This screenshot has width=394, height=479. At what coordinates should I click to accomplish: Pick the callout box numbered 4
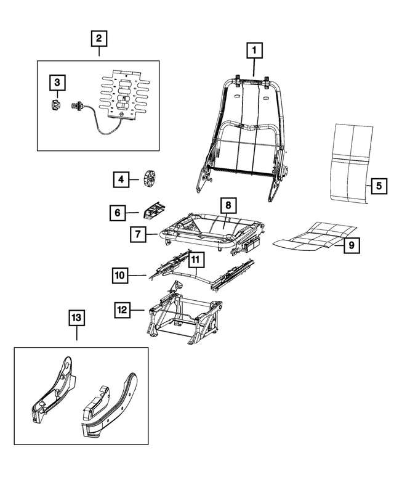[x=121, y=179]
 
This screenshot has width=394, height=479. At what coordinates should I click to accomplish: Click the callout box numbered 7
[x=138, y=234]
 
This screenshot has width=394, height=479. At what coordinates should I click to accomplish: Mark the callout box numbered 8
[x=227, y=205]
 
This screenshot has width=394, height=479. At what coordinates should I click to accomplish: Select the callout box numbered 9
[x=351, y=245]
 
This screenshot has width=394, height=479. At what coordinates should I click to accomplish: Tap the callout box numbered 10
[x=121, y=274]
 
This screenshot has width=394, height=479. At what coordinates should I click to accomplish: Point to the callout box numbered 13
[x=76, y=318]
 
